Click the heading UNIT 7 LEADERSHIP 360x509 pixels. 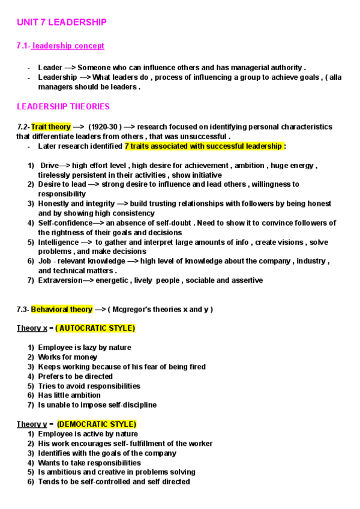tap(62, 22)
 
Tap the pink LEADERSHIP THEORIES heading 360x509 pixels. tap(63, 107)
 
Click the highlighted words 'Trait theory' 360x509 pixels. tap(51, 127)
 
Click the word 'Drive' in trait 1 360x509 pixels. tap(50, 166)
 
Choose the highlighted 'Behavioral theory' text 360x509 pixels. tap(62, 310)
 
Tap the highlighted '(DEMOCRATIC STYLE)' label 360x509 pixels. tap(97, 424)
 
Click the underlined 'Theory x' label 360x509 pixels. tap(31, 328)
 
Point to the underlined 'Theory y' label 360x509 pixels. tap(31, 424)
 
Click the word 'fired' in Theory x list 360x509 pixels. tap(196, 367)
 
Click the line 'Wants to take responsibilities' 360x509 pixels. tap(89, 463)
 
